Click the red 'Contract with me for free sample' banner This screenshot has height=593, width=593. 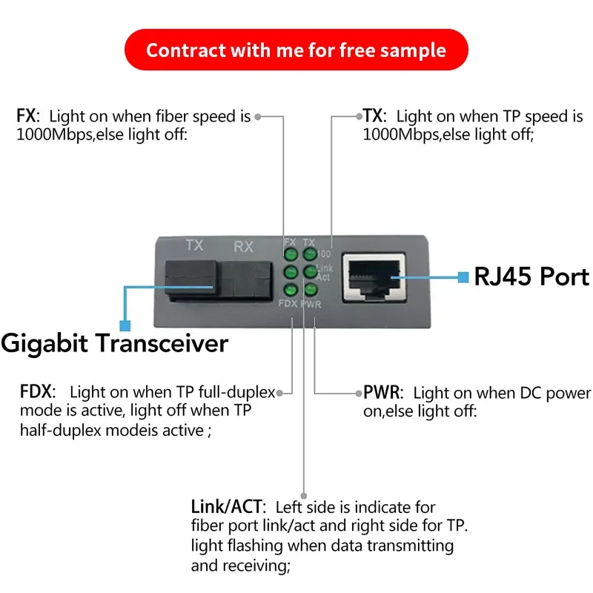coord(296,50)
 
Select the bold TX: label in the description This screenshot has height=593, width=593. coord(374,116)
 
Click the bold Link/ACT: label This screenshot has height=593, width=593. coord(227,508)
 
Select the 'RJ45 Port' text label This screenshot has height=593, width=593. coord(531,276)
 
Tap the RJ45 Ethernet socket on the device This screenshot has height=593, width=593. coord(374,276)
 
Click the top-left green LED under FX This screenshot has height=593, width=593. coord(290,256)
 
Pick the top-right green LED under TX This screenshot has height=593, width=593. coord(308,256)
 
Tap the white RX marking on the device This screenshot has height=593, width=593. coord(244,246)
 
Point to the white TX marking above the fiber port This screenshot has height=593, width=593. coord(194,245)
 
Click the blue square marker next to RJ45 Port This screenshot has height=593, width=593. coord(463,277)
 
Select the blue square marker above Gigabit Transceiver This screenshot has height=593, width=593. coord(125,325)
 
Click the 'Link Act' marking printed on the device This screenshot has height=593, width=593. coord(324,272)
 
